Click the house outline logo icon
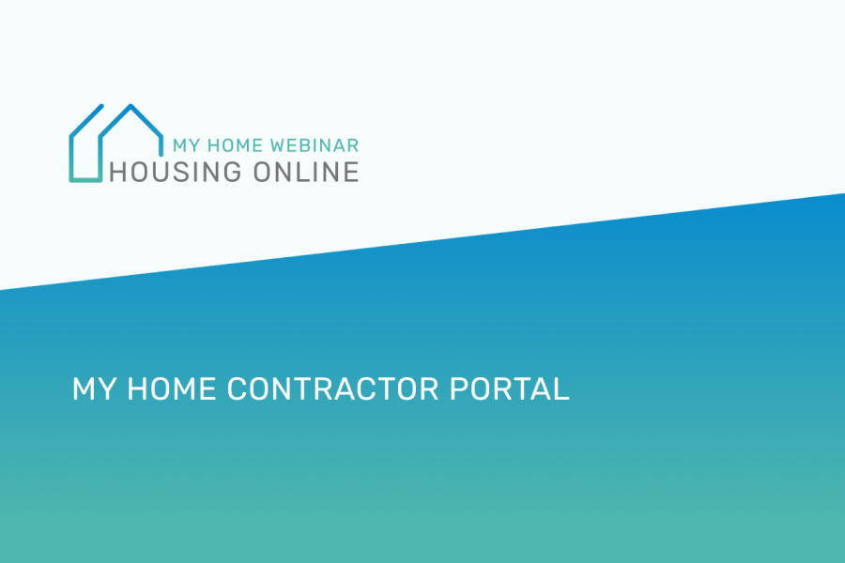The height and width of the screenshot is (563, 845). click(x=113, y=142)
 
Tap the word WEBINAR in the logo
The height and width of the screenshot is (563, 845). click(x=315, y=146)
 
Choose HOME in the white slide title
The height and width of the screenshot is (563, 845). click(x=169, y=389)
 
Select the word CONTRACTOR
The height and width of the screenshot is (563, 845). click(x=335, y=389)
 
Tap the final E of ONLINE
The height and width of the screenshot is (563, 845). click(x=350, y=172)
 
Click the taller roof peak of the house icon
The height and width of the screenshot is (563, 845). click(x=131, y=105)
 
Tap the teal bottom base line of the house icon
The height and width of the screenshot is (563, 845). click(x=85, y=178)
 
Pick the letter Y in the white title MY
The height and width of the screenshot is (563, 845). click(x=102, y=389)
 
